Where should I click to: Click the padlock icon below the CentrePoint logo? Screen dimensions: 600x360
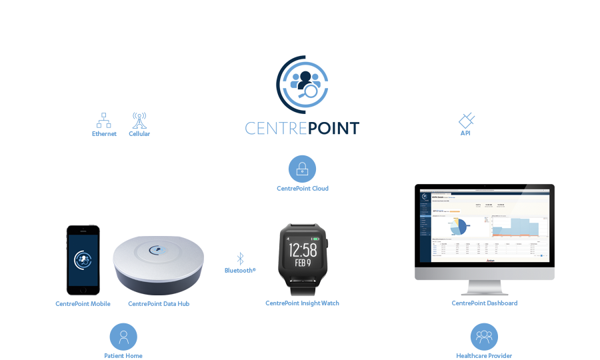pos(303,170)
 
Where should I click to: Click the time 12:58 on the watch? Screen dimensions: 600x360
pos(302,250)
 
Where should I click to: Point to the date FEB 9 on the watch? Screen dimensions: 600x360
pos(302,263)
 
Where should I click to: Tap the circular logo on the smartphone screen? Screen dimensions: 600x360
pos(83,259)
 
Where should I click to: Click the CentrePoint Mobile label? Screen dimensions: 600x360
pos(83,304)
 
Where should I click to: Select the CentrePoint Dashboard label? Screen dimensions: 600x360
pos(484,303)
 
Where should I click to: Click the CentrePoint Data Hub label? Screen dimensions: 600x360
pos(157,304)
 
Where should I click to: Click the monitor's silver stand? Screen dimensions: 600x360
pos(485,286)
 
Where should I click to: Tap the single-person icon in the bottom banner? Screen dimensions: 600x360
pos(123,337)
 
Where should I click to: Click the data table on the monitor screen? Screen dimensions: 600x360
pos(485,251)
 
